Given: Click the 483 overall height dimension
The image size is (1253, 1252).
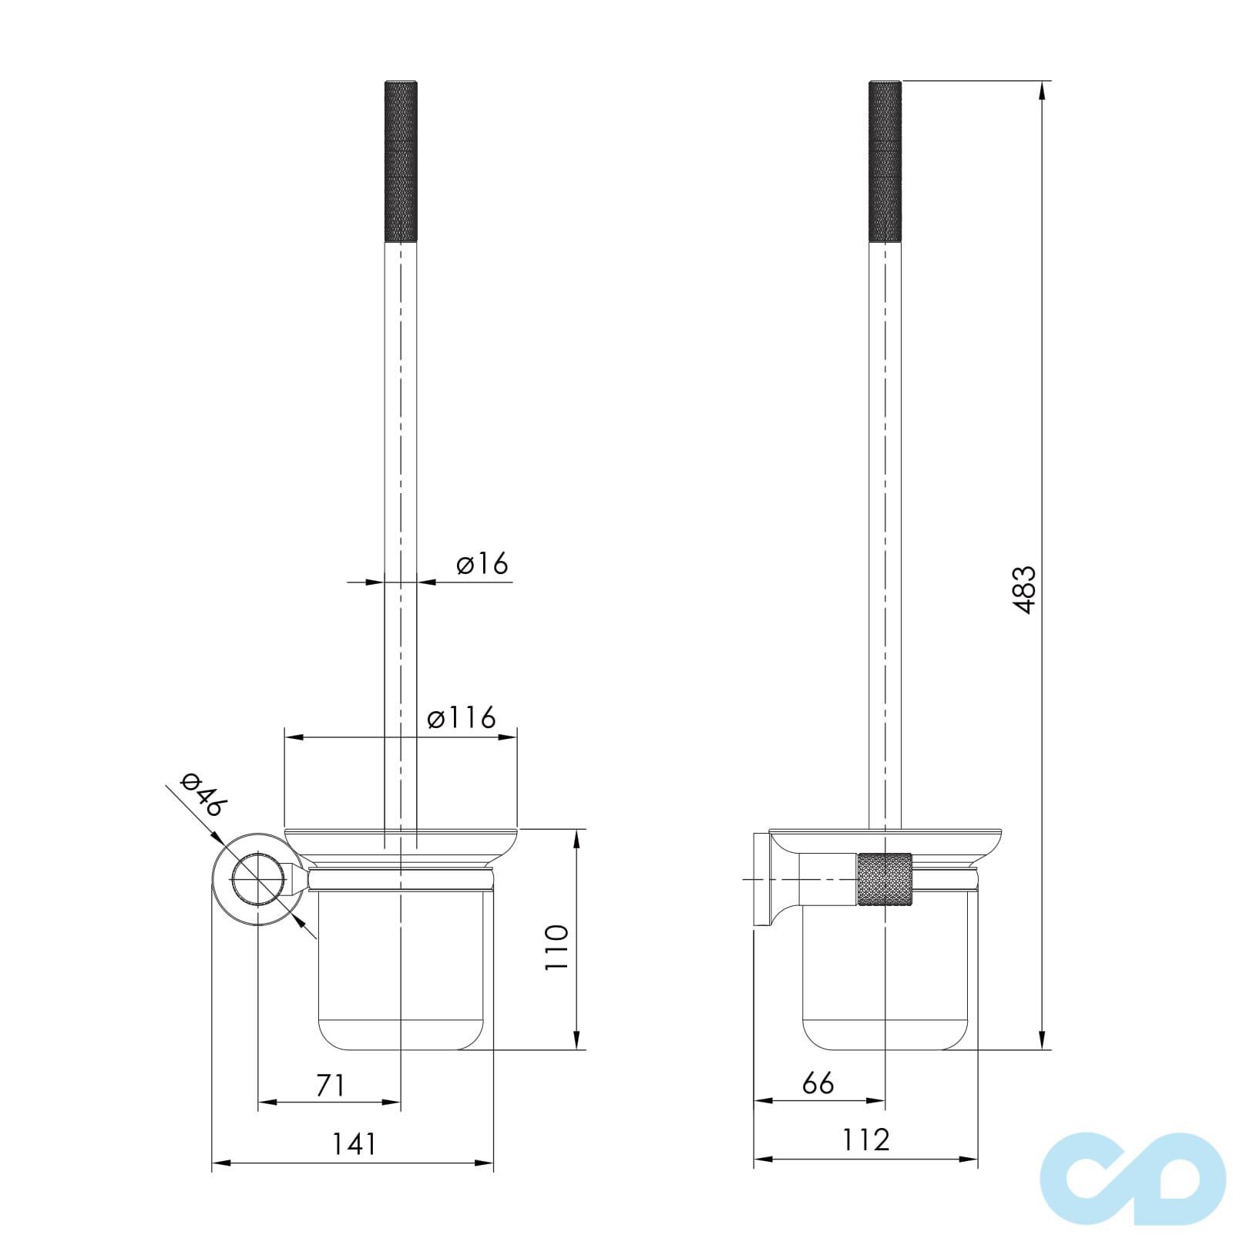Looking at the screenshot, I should click(x=1024, y=589).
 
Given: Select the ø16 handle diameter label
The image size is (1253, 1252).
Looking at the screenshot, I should click(x=482, y=564).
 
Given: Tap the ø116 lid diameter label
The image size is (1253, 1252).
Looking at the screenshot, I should click(x=462, y=718).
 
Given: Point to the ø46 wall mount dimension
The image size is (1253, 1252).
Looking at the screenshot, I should click(x=203, y=794).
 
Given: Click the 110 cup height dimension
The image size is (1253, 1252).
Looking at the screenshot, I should click(x=556, y=947).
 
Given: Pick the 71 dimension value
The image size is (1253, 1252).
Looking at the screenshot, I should click(x=329, y=1085).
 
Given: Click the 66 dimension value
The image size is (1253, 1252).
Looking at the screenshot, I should click(x=818, y=1082).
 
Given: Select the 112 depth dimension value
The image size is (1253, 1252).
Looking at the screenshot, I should click(x=865, y=1140).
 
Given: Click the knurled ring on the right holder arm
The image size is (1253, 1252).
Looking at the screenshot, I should click(x=885, y=878).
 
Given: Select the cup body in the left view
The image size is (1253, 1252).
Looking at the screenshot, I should click(x=401, y=971).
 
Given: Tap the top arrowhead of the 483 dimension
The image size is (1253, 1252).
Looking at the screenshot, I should click(x=1042, y=89).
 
